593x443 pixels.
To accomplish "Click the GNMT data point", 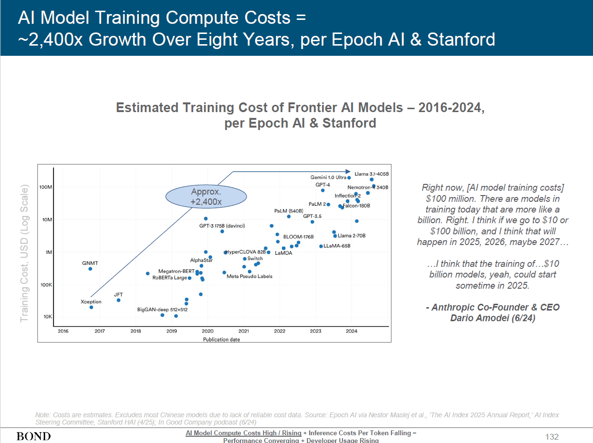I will click(90, 269).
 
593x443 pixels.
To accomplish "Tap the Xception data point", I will click(91, 307).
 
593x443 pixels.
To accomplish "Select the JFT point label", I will click(118, 295).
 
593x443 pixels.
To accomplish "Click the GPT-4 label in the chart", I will click(323, 185).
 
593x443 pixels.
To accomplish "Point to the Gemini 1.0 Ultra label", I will click(328, 178).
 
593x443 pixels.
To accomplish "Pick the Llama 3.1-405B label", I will click(372, 173).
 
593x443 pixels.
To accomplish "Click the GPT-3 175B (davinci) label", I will click(222, 226).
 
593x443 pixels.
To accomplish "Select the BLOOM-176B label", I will click(299, 237).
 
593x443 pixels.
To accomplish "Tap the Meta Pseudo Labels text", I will click(249, 277).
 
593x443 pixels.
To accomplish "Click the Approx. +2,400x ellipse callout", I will click(206, 197).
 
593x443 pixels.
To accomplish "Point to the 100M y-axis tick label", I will click(46, 187).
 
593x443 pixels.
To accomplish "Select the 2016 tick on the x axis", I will click(63, 331).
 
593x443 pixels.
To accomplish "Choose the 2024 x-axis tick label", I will click(352, 331).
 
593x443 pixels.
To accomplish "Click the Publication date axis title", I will click(221, 340).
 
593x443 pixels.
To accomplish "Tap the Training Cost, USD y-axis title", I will click(24, 252).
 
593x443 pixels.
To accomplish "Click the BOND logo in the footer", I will click(34, 436).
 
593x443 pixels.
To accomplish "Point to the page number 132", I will click(552, 437).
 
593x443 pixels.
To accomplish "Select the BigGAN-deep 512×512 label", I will click(162, 309).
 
